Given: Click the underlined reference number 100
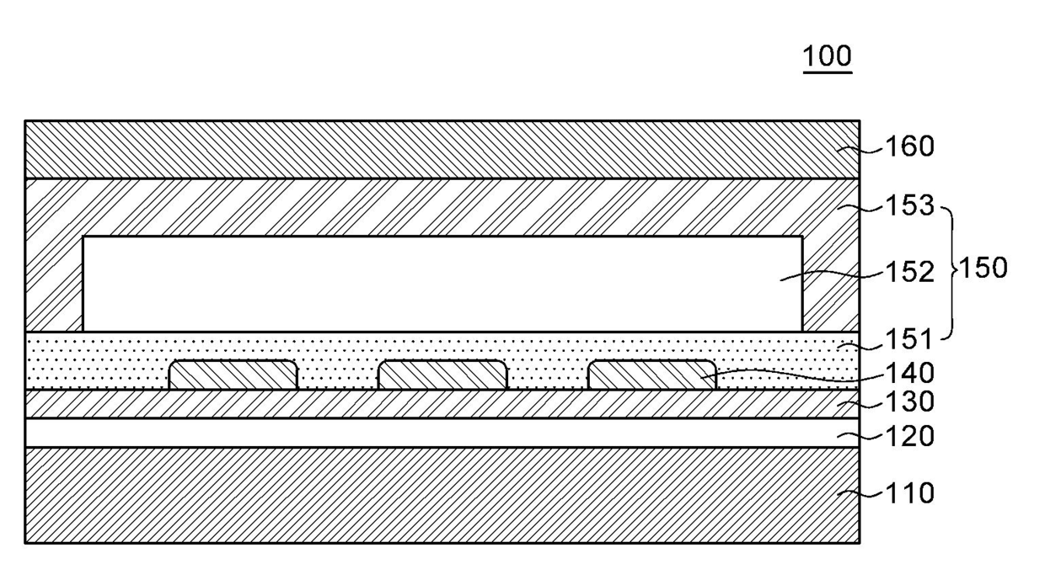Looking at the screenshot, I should (x=827, y=56).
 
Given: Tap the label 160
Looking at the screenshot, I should (x=909, y=146).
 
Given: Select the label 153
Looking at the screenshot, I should (x=909, y=205).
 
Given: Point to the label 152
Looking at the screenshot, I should (x=909, y=272).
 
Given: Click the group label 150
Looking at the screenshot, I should (x=982, y=269).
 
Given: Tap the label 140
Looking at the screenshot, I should (x=909, y=372).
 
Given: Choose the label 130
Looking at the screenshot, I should (x=909, y=402).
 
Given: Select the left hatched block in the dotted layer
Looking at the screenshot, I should (x=233, y=375).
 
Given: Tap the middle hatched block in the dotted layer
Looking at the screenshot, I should (x=442, y=375).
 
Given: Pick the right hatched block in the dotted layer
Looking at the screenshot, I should (x=651, y=375).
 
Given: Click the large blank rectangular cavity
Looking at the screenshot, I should (x=442, y=284).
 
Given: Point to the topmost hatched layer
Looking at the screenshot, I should (x=442, y=150).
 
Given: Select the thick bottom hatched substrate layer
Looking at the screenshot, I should (x=442, y=495).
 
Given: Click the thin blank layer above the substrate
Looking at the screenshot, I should (x=442, y=433).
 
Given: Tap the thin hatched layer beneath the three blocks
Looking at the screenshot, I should (x=442, y=404).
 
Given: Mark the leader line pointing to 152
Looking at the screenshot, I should (x=834, y=274).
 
